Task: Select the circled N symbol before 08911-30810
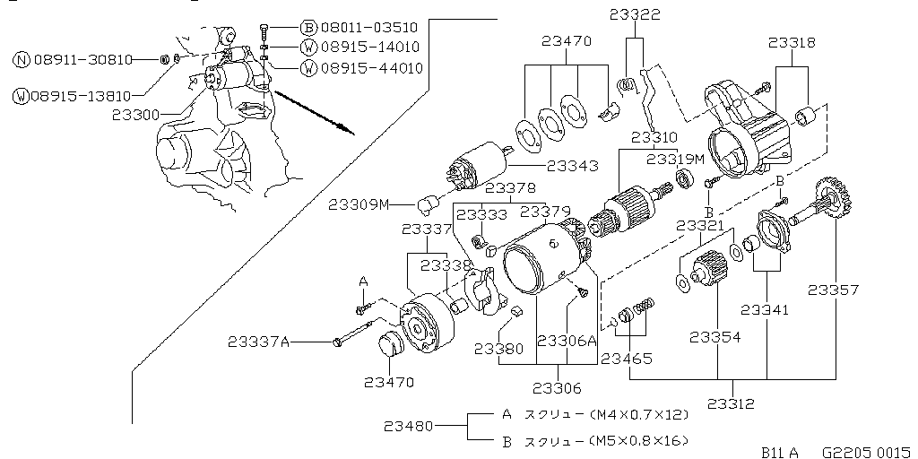click(x=22, y=60)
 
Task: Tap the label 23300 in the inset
click(x=136, y=115)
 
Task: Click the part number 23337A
click(x=259, y=341)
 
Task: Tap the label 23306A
click(x=567, y=341)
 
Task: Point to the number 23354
click(x=716, y=337)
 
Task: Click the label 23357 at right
click(x=833, y=290)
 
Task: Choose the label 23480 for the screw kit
click(x=411, y=426)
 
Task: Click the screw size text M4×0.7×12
click(x=642, y=415)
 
